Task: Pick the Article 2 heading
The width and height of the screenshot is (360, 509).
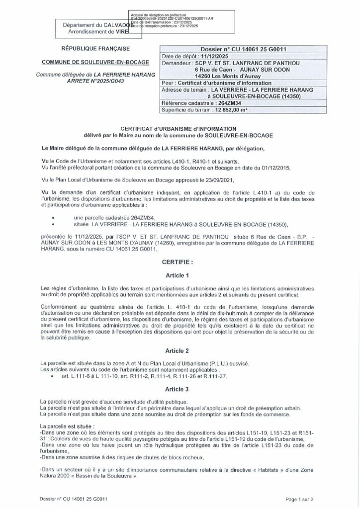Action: tap(180, 350)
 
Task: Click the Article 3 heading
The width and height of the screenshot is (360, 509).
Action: tap(180, 390)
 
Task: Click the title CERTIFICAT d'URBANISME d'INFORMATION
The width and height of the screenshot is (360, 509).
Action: tap(180, 128)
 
